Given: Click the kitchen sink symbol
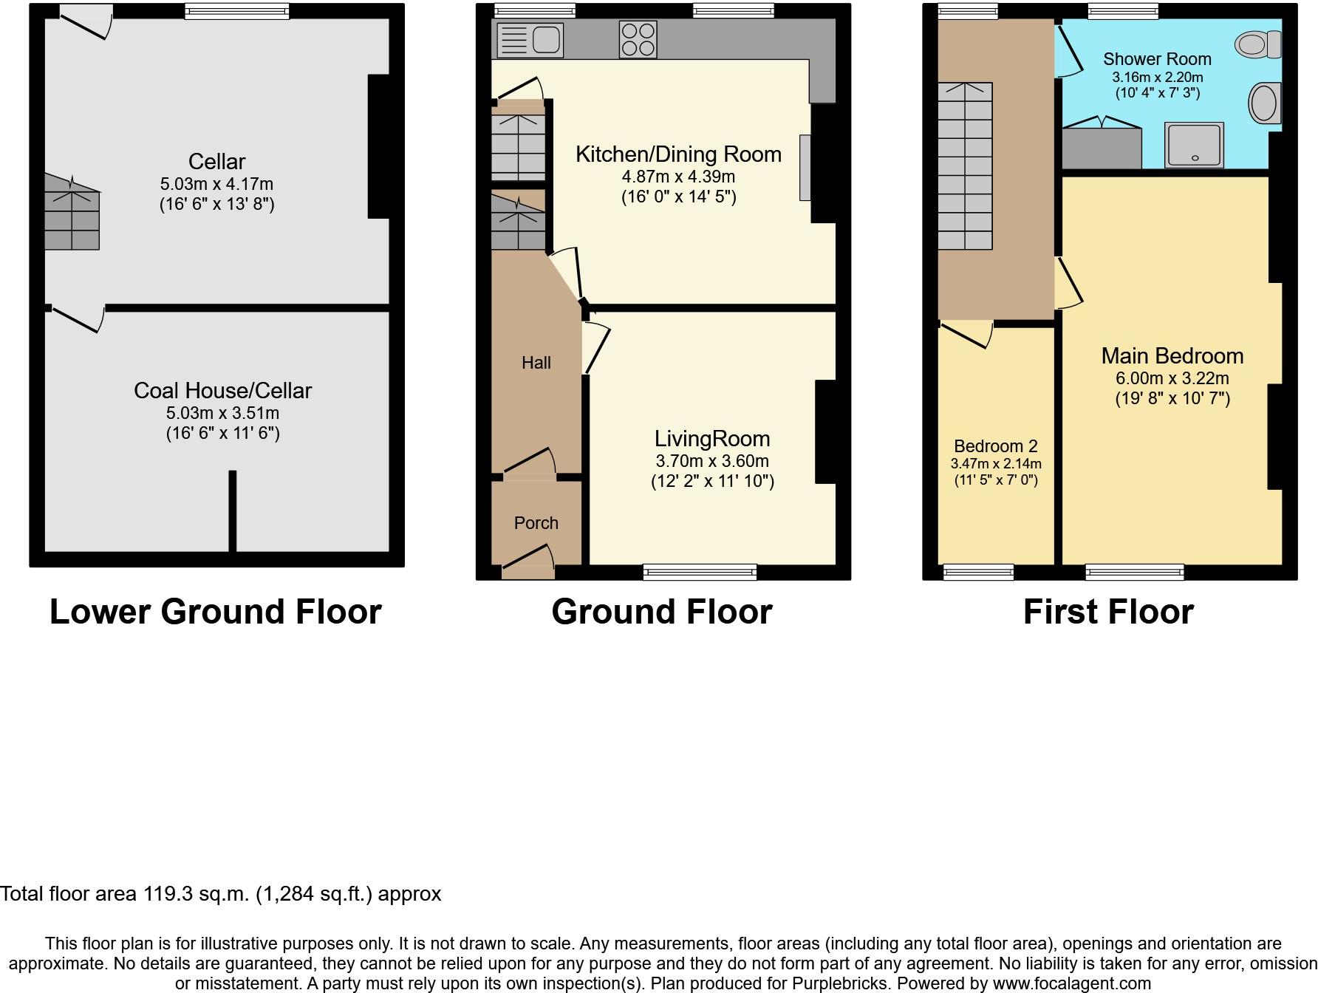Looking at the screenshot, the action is tap(530, 40).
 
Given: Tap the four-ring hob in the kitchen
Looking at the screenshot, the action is tap(638, 40).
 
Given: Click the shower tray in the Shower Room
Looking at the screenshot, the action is tap(1195, 145).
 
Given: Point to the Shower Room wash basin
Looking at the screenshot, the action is tap(1265, 103).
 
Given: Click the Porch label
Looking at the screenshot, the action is tap(536, 523).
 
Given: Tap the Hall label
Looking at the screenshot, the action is tap(536, 363).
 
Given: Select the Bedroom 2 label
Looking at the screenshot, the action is tap(996, 446).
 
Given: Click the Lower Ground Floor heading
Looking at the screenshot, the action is tap(216, 612).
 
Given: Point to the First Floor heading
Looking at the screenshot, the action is tap(1109, 612).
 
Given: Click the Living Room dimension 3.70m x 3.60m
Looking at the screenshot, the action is tap(712, 461).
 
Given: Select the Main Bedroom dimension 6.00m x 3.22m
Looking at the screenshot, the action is tap(1172, 378).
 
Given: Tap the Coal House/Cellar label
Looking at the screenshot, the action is tap(223, 391).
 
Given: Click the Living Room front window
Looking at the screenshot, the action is tap(700, 572).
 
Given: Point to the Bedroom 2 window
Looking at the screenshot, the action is tap(978, 572).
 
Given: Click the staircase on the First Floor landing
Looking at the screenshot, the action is tap(965, 166).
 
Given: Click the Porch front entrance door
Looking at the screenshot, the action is tap(528, 562).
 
